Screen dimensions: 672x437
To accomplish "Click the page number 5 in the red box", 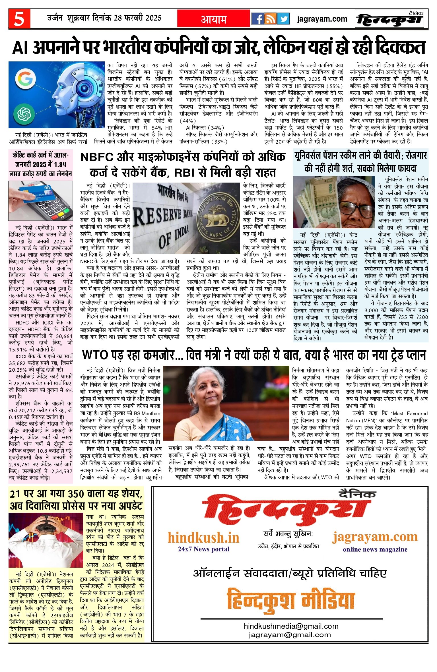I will coord(19,19).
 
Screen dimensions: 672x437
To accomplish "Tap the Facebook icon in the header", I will coord(257,19).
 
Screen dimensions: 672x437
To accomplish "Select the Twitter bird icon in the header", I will coord(283,19).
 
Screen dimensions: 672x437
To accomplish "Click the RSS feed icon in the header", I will coord(270,19).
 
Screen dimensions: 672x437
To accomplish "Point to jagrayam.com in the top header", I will coord(322,19).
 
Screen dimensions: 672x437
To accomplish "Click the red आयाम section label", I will coord(214,19).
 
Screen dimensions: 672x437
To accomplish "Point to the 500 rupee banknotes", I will coord(316,199).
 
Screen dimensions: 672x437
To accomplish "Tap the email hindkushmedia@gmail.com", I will coord(291,626).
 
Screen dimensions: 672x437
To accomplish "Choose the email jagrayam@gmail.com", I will coord(290,634).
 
